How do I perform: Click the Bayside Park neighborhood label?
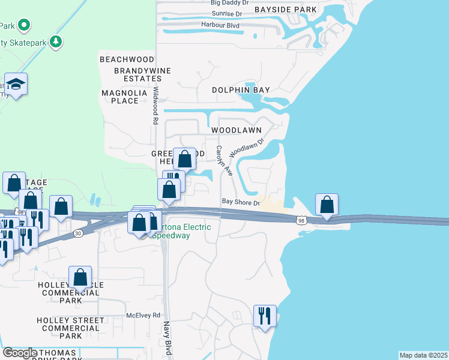pos(285,10)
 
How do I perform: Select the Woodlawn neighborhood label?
pos(236,130)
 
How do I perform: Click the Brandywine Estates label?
pos(143,74)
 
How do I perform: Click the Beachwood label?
pos(127,59)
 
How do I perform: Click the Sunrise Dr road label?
pos(226,13)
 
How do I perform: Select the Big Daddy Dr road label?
pos(229,2)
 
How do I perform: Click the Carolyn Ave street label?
pos(224,160)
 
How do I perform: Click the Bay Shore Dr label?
pos(241,202)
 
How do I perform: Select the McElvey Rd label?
pos(143,315)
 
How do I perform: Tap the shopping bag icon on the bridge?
pos(327,205)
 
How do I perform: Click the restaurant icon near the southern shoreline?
pos(265,314)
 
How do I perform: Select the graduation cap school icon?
pos(16,84)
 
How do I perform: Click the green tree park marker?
pos(56,41)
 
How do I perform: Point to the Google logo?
pos(20,353)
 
